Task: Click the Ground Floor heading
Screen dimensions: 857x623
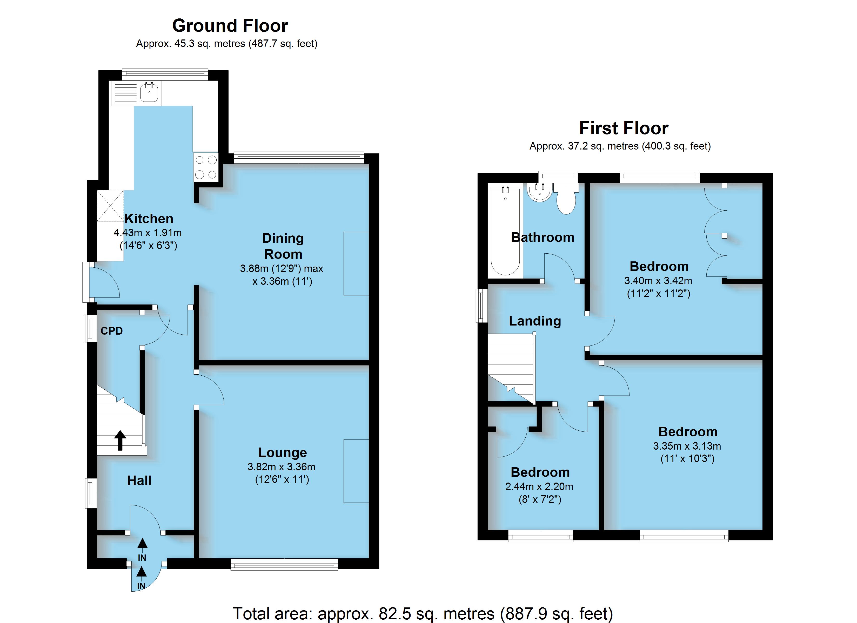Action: click(x=230, y=26)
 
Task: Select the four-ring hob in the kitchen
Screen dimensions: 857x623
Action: click(x=206, y=167)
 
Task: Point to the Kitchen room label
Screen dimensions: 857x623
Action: click(x=149, y=219)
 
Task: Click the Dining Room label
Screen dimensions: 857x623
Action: click(x=283, y=246)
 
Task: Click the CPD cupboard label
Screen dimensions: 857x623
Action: click(x=111, y=331)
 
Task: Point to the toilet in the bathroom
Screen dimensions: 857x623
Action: click(x=566, y=199)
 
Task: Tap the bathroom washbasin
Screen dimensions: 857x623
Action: click(x=540, y=193)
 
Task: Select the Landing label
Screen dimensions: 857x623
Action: click(x=535, y=321)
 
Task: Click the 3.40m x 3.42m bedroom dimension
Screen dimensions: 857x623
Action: click(x=658, y=281)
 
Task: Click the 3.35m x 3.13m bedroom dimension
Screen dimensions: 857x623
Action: click(x=687, y=446)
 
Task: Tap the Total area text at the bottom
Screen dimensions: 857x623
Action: click(x=423, y=614)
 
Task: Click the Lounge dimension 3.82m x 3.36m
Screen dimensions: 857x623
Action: click(x=282, y=467)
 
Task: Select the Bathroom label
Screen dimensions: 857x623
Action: click(x=543, y=237)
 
